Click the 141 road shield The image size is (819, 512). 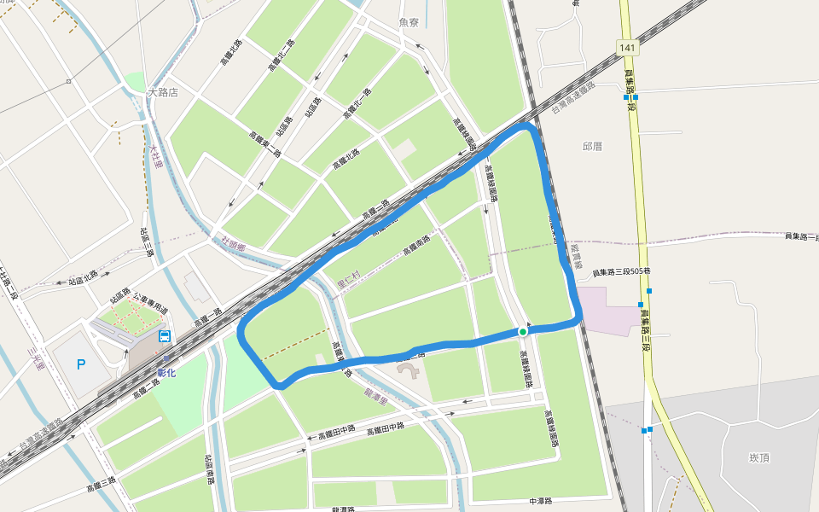[x=627, y=48]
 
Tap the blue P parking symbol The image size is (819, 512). [x=81, y=365]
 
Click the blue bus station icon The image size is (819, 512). [x=164, y=335]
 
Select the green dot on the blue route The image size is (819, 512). [x=522, y=331]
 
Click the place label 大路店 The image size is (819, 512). [x=162, y=92]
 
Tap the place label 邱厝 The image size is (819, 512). [x=592, y=147]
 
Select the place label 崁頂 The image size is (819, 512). [x=759, y=458]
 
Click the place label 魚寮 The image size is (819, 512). [x=410, y=22]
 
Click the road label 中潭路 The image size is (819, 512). [x=541, y=501]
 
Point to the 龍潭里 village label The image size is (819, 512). [x=376, y=394]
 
